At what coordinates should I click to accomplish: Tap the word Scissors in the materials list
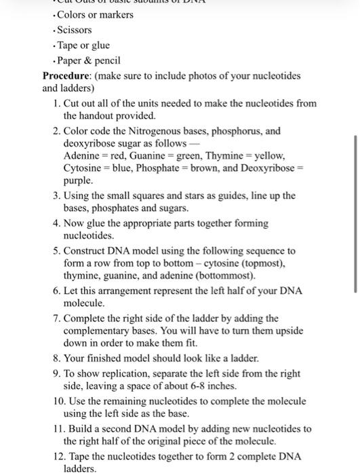click(74, 30)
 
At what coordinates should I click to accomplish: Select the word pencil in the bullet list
click(108, 61)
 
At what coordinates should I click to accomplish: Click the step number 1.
click(55, 103)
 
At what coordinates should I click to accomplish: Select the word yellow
click(270, 155)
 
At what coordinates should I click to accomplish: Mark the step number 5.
click(55, 251)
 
